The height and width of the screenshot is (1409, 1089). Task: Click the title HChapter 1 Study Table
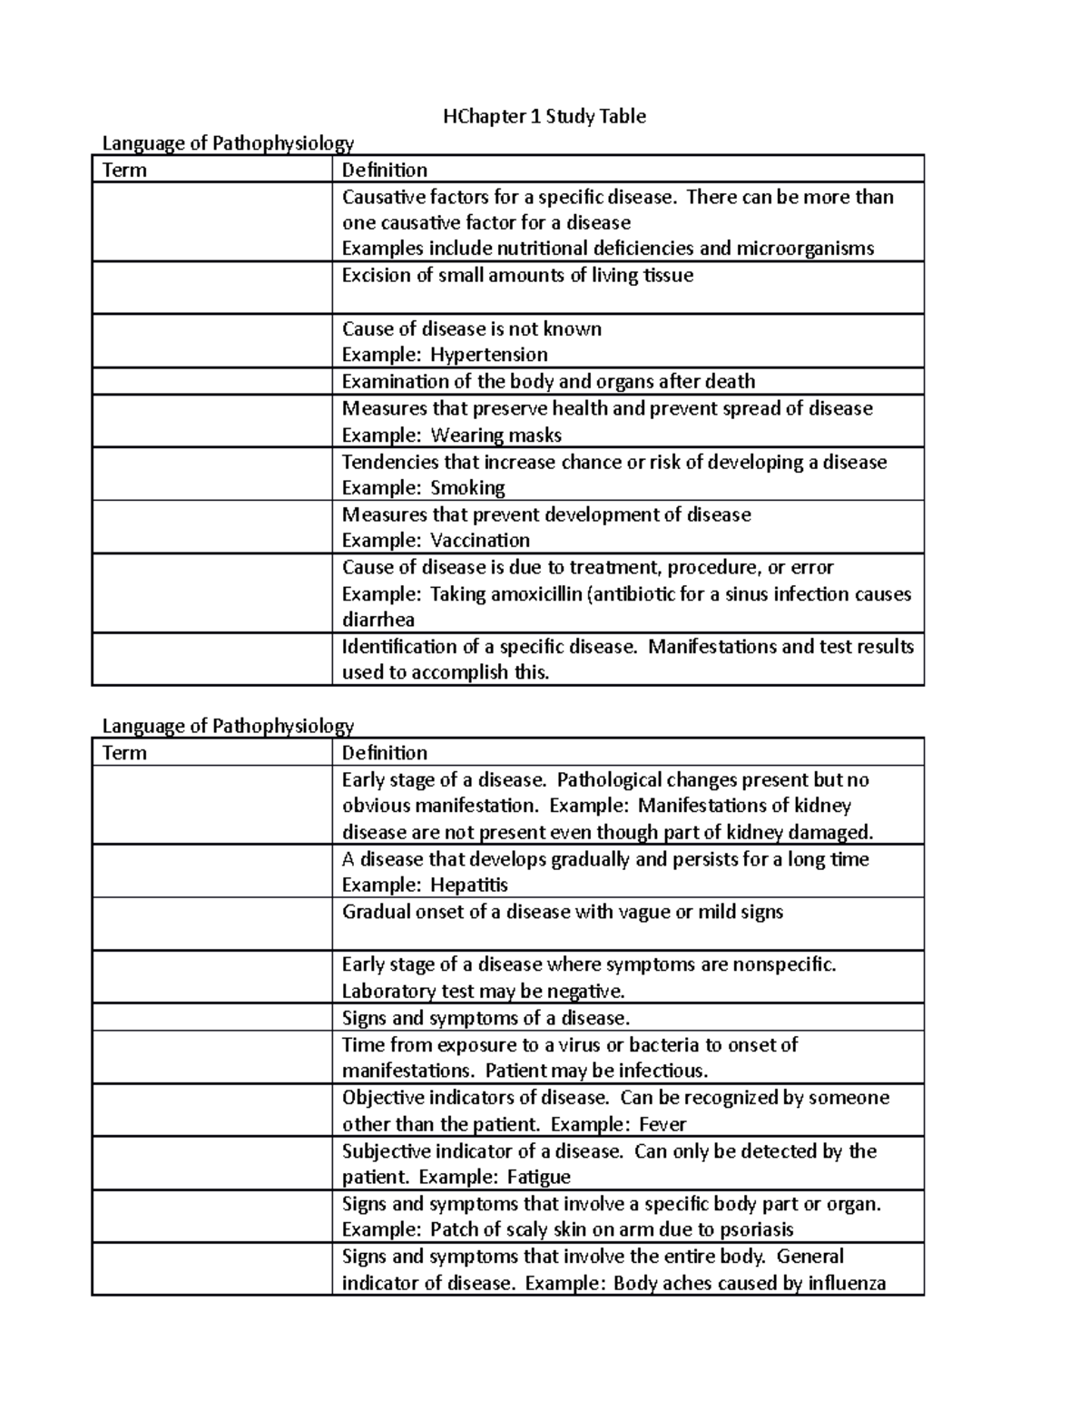544,116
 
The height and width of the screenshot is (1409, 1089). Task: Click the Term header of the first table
124,170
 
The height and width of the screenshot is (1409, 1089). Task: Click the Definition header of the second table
384,752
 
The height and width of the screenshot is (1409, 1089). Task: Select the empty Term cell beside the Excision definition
211,288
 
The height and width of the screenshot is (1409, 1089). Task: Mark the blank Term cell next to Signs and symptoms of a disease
211,1017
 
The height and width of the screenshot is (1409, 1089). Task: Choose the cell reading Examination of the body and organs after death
548,381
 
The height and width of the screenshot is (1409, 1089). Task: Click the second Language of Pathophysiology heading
228,726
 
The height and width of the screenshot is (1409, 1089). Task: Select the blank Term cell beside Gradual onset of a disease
211,924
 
